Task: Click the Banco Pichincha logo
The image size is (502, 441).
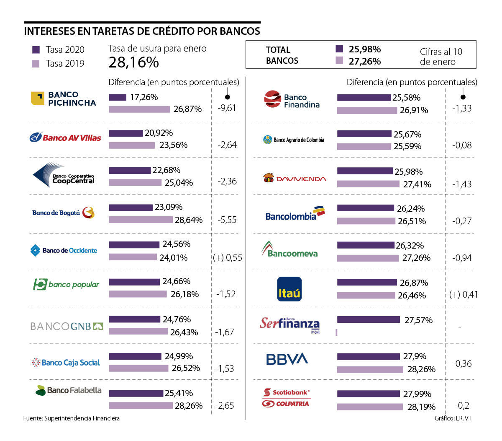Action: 64,99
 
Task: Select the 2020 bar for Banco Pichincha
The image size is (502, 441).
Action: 118,97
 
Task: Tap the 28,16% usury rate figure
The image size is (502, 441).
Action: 133,62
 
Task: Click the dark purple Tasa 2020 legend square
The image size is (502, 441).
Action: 36,50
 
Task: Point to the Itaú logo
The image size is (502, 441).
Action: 289,289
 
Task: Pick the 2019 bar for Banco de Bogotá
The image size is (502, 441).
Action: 141,220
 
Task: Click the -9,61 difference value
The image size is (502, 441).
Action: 227,108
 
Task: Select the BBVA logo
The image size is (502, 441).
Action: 287,359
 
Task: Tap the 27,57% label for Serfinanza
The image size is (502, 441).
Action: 418,320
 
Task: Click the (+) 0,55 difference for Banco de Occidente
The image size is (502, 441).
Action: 228,258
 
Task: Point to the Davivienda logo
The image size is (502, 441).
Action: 295,179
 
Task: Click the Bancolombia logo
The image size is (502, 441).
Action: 295,214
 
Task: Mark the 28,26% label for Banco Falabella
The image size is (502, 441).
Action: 189,406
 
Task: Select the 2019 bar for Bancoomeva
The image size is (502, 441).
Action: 368,258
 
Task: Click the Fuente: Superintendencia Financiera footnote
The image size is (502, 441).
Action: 72,418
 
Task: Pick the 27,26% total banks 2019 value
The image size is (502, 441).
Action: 365,62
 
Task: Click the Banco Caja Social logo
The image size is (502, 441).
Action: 66,363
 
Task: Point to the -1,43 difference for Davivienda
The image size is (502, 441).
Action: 462,184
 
